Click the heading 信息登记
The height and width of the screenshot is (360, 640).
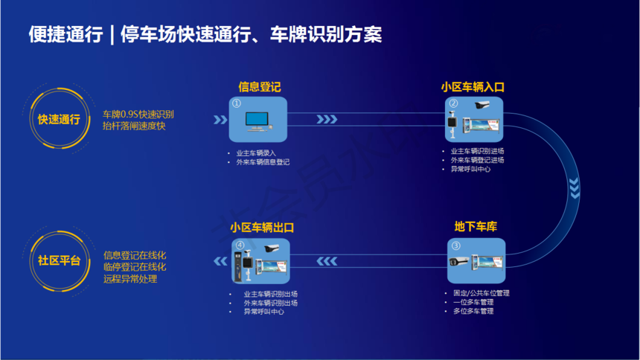pyautogui.click(x=260, y=87)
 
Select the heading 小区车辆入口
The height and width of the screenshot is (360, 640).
pyautogui.click(x=473, y=87)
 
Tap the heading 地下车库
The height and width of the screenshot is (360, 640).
pyautogui.click(x=476, y=227)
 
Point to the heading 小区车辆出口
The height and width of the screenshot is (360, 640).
pyautogui.click(x=262, y=228)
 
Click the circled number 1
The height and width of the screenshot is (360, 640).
pyautogui.click(x=237, y=103)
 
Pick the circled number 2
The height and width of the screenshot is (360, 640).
pyautogui.click(x=453, y=103)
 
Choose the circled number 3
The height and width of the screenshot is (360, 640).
pyautogui.click(x=455, y=245)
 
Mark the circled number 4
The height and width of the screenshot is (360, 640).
pyautogui.click(x=240, y=245)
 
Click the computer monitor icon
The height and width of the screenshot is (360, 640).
pyautogui.click(x=258, y=122)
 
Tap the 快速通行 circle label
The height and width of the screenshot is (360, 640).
pyautogui.click(x=59, y=119)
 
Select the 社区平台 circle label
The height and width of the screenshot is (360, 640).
pyautogui.click(x=59, y=260)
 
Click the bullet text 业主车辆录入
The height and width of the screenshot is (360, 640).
pyautogui.click(x=256, y=153)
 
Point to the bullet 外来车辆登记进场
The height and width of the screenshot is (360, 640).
pyautogui.click(x=477, y=160)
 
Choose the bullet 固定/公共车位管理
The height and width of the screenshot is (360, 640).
pyautogui.click(x=481, y=293)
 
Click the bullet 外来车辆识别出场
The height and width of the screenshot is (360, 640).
pyautogui.click(x=271, y=303)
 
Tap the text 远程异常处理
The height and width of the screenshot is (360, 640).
pyautogui.click(x=130, y=279)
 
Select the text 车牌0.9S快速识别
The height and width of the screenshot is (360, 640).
pyautogui.click(x=138, y=115)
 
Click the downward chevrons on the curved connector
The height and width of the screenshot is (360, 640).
pyautogui.click(x=575, y=188)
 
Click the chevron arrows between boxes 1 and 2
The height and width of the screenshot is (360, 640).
pyautogui.click(x=327, y=119)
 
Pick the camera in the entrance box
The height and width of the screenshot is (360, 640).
pyautogui.click(x=482, y=105)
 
